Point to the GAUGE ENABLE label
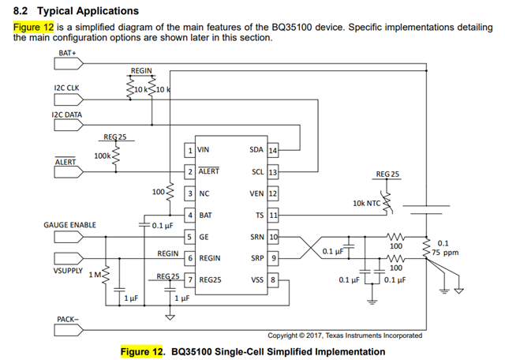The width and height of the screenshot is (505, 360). coord(69,225)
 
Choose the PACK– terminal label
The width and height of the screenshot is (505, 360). coord(68,319)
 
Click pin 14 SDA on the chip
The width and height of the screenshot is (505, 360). coord(264,149)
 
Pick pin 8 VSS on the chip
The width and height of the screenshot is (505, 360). coord(265,279)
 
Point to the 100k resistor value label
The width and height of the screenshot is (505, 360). coord(102,156)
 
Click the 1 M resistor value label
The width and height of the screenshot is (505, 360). coord(96,275)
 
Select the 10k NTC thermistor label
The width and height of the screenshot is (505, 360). coord(368,203)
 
